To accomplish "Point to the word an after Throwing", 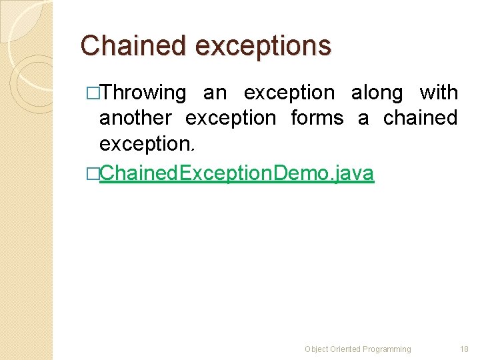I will tap(215, 93).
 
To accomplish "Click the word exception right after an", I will tap(289, 93).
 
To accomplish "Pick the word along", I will tap(377, 93).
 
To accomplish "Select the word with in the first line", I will tap(439, 93).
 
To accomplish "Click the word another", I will tap(135, 118).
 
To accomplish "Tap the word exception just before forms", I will tap(231, 118).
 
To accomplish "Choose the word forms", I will tap(317, 118).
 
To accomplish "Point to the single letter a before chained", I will tap(363, 118).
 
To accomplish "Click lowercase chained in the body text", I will tap(420, 118).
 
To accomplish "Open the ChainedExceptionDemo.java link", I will tap(237, 173).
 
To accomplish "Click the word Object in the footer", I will tap(315, 349).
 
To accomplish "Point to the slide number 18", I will tap(465, 349).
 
